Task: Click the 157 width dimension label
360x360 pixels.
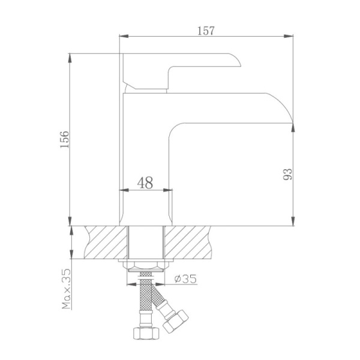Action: (206, 30)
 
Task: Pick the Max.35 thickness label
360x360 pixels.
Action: (66, 289)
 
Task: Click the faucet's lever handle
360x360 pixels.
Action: (180, 67)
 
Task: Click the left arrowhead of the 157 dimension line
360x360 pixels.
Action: (122, 37)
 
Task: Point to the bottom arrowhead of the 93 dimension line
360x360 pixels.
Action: (293, 220)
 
